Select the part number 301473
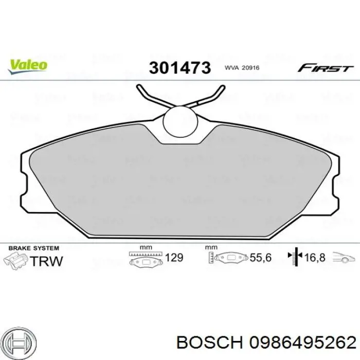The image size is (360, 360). point(179,68)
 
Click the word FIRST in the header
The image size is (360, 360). point(326,68)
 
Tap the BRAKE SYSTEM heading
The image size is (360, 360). point(31,248)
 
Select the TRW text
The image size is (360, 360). point(46,261)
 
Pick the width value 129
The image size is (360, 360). point(174,257)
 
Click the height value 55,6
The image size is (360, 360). point(260,258)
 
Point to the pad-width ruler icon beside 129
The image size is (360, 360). point(146,259)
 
